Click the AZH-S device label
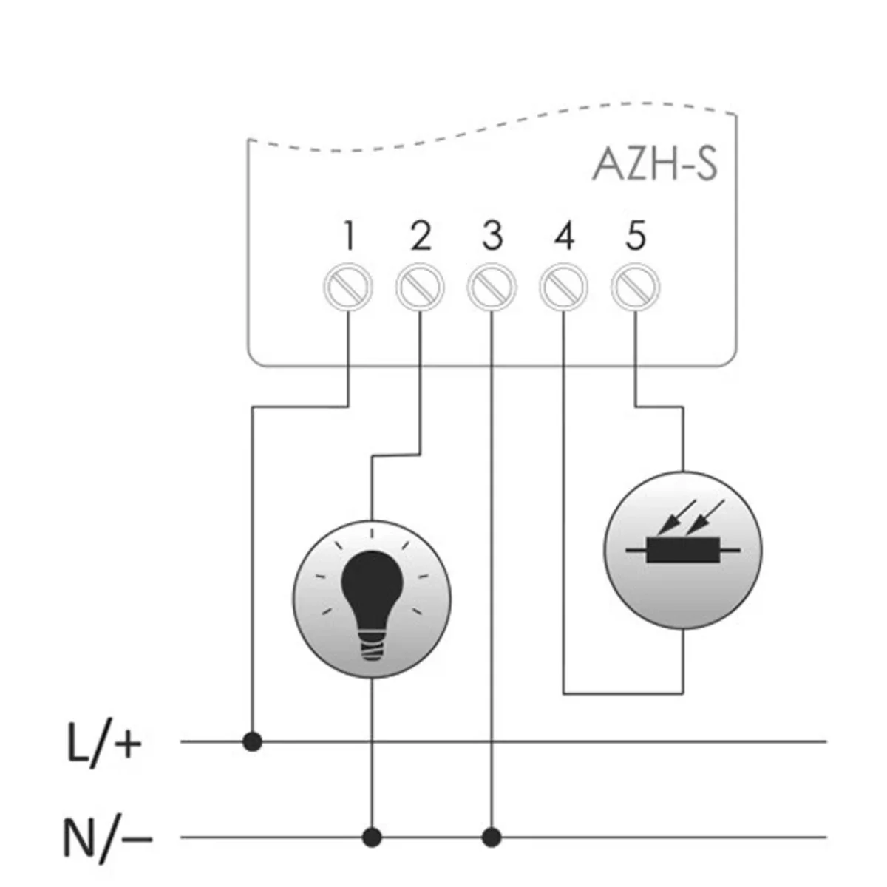(655, 166)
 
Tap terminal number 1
(349, 237)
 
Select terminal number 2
(420, 237)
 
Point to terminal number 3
(492, 237)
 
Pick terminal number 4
(563, 237)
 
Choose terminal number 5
(635, 237)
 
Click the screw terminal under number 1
(349, 286)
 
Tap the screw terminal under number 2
(420, 286)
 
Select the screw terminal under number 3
(492, 286)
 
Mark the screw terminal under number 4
(564, 286)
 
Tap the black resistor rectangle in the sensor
(682, 551)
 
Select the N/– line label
(107, 839)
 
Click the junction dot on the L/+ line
(253, 741)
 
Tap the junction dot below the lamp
(372, 837)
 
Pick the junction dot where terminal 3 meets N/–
(492, 837)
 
